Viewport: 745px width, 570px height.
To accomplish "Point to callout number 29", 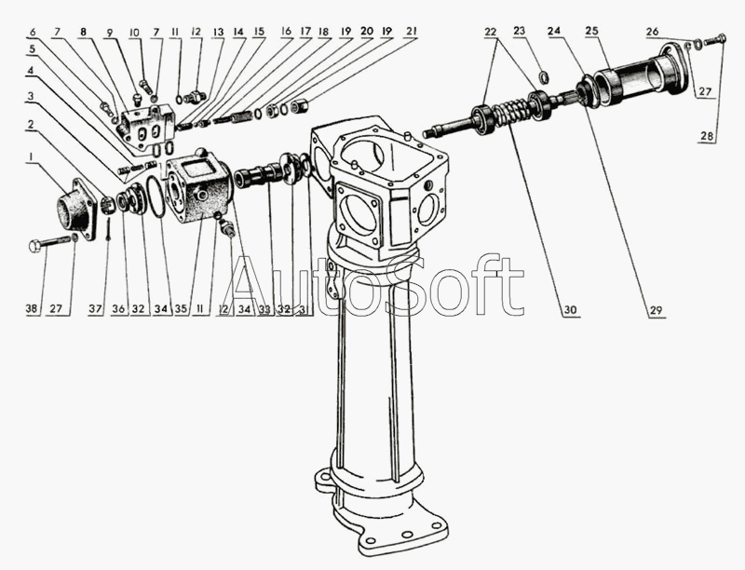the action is pyautogui.click(x=657, y=309).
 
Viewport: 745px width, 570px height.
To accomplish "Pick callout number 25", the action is pyautogui.click(x=590, y=31).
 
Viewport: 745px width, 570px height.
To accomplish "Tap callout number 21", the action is pyautogui.click(x=411, y=31).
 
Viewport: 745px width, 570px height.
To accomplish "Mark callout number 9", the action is pyautogui.click(x=109, y=31).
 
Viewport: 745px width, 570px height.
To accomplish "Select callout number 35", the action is pyautogui.click(x=181, y=309).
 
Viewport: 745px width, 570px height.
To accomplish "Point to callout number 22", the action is pyautogui.click(x=490, y=31).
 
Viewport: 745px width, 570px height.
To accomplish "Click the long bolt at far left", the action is pyautogui.click(x=47, y=244).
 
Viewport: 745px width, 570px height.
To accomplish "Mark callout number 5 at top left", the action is pyautogui.click(x=32, y=48).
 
